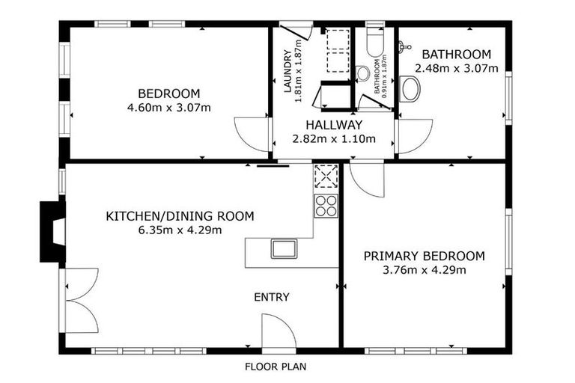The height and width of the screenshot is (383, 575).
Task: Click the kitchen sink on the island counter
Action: [x=285, y=248]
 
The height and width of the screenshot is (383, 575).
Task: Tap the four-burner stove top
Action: [x=326, y=205]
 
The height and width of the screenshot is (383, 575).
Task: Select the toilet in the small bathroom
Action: [x=374, y=45]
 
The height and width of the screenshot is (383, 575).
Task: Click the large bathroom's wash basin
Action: [x=410, y=89]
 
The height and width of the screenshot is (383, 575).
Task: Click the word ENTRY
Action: [x=271, y=297]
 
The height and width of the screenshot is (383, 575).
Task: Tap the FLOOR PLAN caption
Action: [x=276, y=367]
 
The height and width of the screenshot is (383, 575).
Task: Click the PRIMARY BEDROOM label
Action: [x=424, y=256]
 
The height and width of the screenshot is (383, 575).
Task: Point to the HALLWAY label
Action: [x=333, y=125]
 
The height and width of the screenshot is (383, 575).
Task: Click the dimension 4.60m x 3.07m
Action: [x=169, y=107]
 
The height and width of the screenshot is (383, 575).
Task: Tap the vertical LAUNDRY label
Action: [x=287, y=71]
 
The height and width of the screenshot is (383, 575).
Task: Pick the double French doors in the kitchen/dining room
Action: [x=81, y=300]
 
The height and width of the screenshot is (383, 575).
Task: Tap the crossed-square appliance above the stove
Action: [x=326, y=176]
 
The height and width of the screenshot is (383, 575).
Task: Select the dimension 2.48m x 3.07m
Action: [x=456, y=68]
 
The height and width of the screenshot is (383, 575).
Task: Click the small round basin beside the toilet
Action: [x=363, y=73]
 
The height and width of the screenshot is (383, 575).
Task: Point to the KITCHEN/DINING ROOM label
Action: [x=180, y=216]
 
